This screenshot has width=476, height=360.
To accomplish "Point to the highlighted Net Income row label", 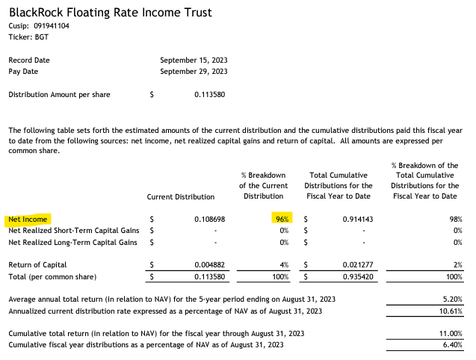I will [x=28, y=220].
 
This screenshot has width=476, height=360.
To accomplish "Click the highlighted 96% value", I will [x=281, y=220].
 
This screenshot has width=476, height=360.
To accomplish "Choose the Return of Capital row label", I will [x=37, y=264].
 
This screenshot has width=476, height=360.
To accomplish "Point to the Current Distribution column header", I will [x=181, y=196].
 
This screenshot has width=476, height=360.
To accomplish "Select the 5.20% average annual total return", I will [x=448, y=299].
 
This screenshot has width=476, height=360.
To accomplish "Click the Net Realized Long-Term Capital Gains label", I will [x=72, y=242].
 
